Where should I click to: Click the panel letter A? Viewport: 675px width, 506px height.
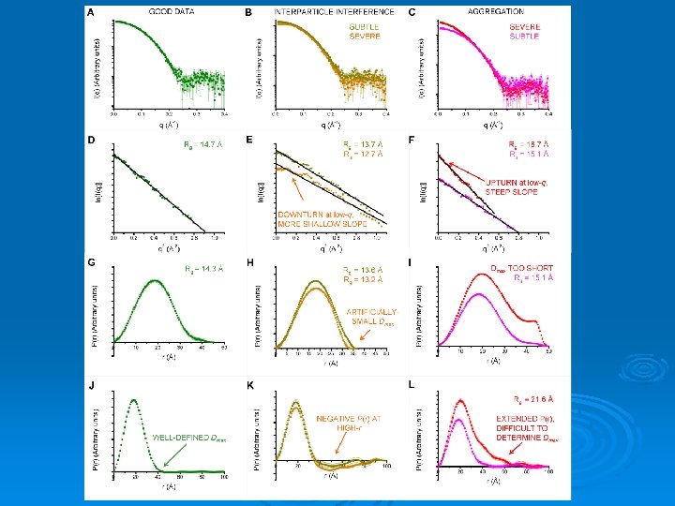[x=90, y=13]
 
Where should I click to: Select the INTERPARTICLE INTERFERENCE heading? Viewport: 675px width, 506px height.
[x=324, y=12]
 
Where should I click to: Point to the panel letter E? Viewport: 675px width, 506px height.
[x=249, y=140]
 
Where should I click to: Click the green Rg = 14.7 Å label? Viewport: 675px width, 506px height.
[x=202, y=144]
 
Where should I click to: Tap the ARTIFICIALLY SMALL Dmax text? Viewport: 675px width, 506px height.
[x=371, y=318]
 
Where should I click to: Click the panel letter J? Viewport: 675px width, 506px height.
[x=90, y=384]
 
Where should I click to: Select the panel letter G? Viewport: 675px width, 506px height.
[x=90, y=261]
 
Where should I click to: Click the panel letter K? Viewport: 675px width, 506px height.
[x=249, y=384]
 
